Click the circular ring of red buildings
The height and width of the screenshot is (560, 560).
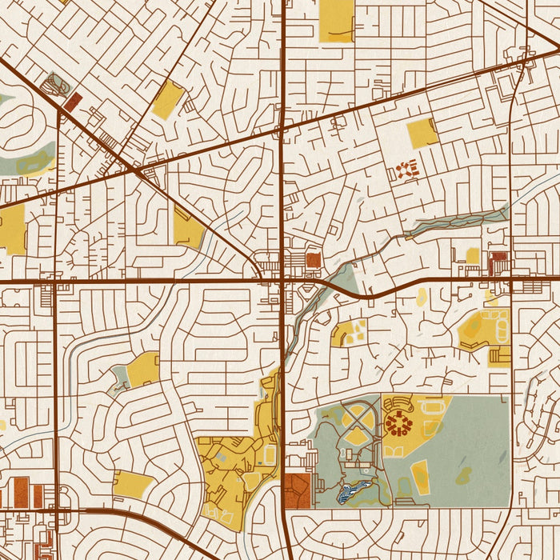[x=398, y=422]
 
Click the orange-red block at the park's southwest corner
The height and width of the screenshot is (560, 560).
[x=297, y=490]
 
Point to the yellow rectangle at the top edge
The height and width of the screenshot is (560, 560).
[x=336, y=20]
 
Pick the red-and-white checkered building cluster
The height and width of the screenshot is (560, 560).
[x=407, y=169]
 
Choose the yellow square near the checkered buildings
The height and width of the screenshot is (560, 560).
[x=422, y=133]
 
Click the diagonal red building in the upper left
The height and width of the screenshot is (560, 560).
[x=73, y=102]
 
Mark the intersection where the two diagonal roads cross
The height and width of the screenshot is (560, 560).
[x=137, y=171]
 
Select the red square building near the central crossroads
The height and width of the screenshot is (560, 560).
[x=313, y=260]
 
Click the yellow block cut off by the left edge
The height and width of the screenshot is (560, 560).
[x=12, y=229]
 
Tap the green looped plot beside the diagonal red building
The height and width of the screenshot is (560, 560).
[x=56, y=83]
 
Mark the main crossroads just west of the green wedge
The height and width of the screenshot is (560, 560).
[x=282, y=281]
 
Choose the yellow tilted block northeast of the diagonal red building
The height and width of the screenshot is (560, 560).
[x=168, y=99]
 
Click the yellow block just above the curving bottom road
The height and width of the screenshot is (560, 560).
[x=133, y=482]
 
